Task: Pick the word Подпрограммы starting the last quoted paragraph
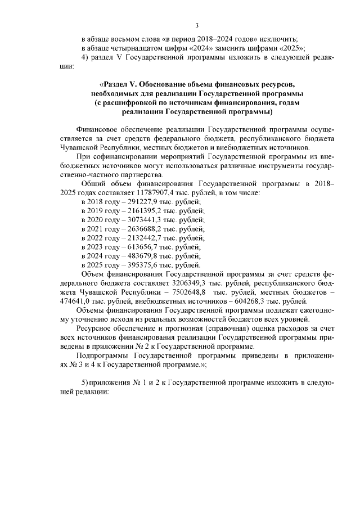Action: pyautogui.click(x=103, y=355)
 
